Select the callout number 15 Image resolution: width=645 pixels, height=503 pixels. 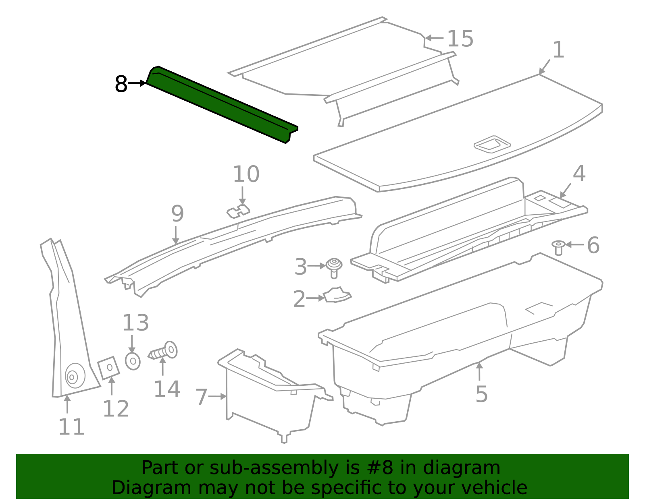coord(460,39)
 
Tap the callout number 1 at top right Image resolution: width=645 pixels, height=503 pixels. coord(558,50)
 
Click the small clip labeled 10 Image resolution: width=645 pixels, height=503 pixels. coord(238,211)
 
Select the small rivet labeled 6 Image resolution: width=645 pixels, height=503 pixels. coord(558,247)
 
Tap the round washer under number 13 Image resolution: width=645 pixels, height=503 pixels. coord(133,361)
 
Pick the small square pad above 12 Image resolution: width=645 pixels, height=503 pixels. coord(109,367)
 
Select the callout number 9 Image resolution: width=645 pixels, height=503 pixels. coord(177,214)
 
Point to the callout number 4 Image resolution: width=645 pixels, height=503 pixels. coord(579,174)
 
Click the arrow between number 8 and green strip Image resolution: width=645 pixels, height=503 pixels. coord(137,83)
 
